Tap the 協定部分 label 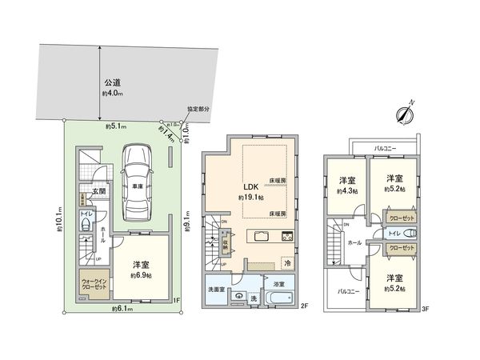point(198,110)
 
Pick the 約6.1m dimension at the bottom point(123,308)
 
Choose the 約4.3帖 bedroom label point(346,191)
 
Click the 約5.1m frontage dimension point(113,126)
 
